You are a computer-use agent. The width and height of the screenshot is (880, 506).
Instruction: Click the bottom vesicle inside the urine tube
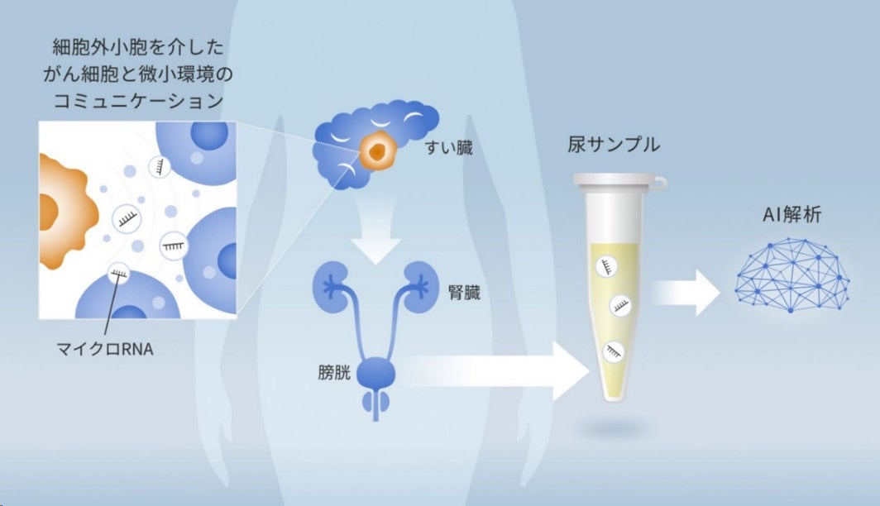[x=614, y=351]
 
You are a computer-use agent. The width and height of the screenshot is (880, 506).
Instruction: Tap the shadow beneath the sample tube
[x=613, y=428]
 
